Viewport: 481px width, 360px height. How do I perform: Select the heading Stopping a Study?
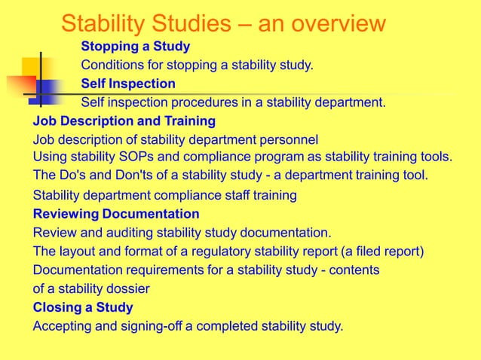click(136, 47)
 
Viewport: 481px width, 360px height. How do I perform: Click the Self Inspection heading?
click(128, 84)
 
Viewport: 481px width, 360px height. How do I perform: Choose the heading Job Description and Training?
click(124, 121)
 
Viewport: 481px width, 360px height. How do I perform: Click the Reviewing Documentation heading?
click(116, 214)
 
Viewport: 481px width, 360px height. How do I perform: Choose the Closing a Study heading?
click(83, 307)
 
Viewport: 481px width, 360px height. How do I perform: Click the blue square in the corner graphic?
click(47, 91)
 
